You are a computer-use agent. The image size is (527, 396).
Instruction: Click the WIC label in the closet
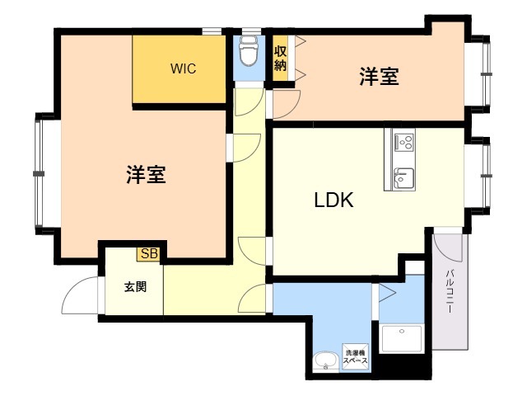pos(183,68)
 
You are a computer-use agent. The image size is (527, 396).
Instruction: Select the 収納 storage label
pos(280,59)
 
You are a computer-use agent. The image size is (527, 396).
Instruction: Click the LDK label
pos(333,200)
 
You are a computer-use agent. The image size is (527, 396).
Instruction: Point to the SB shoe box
pos(149,253)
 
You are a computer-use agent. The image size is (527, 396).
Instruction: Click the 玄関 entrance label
pos(136,288)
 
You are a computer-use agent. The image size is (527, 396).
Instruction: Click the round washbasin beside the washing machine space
pos(325,361)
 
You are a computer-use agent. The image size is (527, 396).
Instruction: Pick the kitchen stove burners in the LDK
pos(403,142)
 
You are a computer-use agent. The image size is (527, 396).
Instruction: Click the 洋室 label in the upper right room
pos(379,78)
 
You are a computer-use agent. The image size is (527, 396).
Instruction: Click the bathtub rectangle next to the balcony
pos(401,338)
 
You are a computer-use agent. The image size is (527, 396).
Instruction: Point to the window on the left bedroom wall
pos(37,172)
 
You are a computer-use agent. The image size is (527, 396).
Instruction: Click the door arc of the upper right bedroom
pos(287,102)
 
